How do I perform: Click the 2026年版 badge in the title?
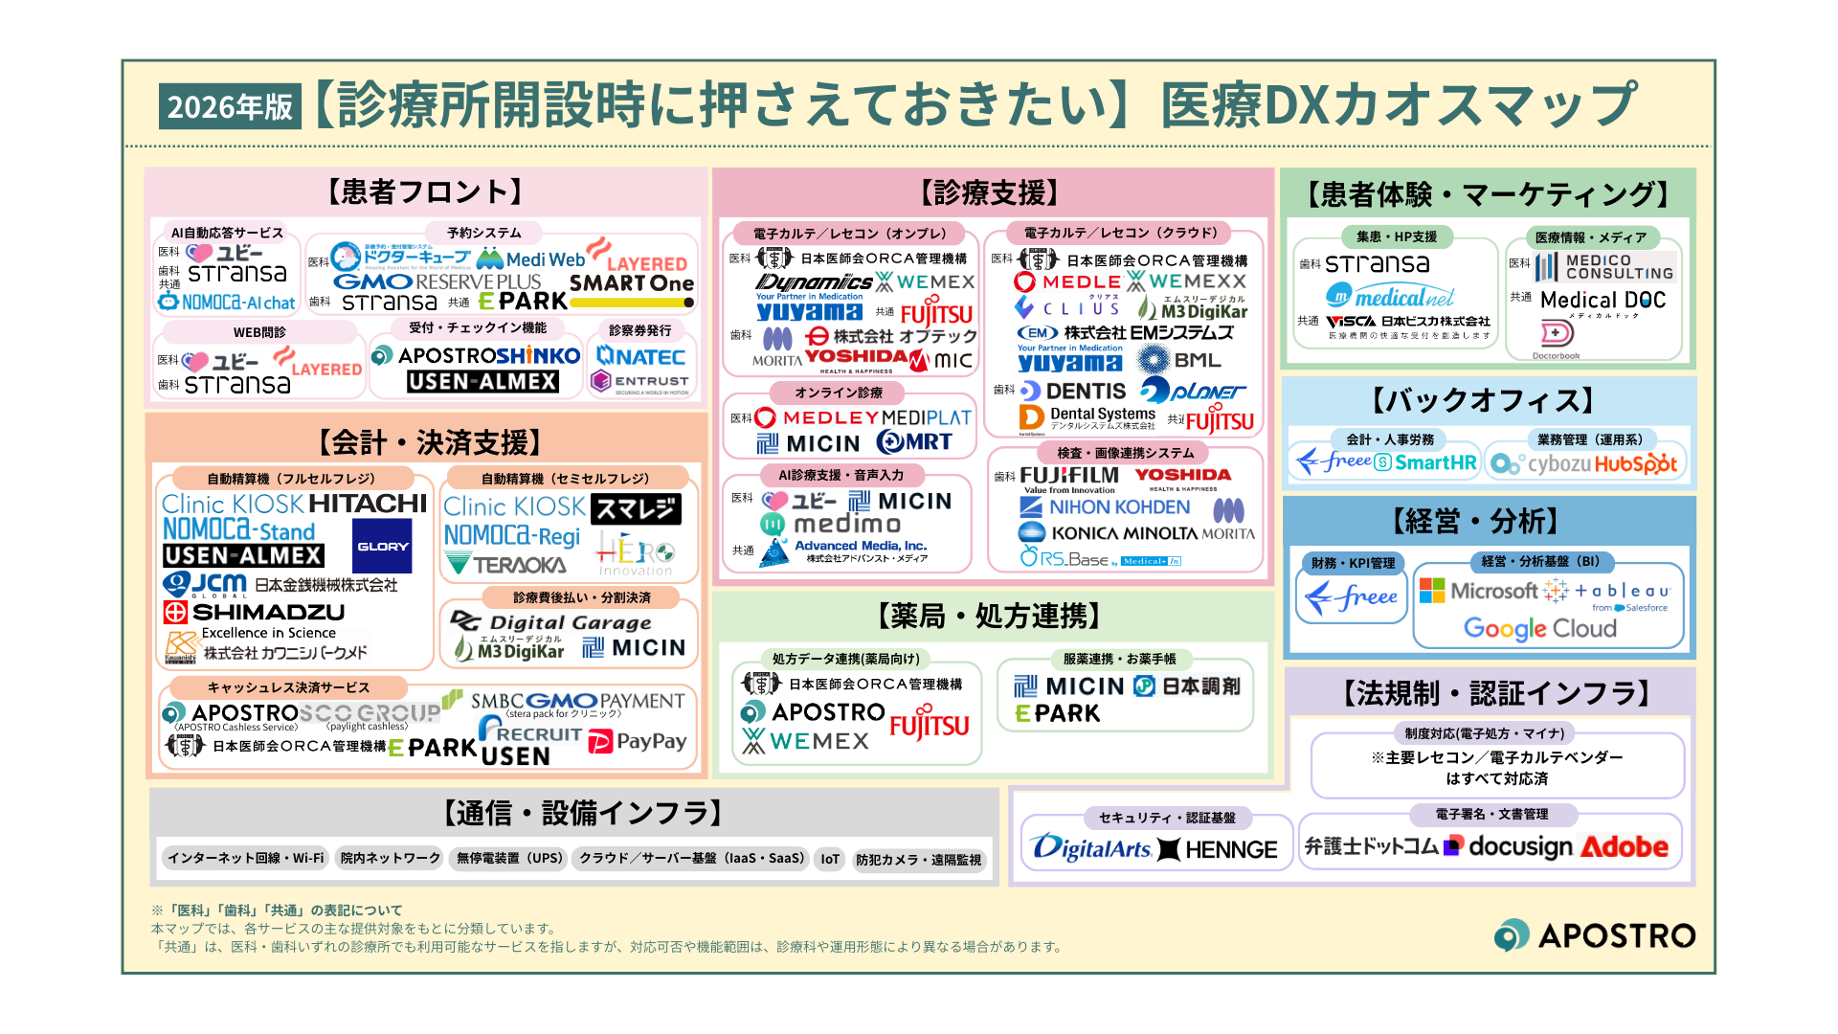coord(230,106)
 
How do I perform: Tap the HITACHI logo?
coord(368,504)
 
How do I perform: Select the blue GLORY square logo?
coord(382,546)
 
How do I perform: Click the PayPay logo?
coord(638,742)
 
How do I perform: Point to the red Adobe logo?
coord(1624,847)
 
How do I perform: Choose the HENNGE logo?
coord(1218,849)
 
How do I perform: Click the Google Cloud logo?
coord(1539,629)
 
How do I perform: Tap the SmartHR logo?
coord(1426,463)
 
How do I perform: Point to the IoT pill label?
coord(830,859)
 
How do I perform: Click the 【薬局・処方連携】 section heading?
coord(992,616)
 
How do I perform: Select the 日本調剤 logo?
coord(1187,686)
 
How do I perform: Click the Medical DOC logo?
coord(1603,301)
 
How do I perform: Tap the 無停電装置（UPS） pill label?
coord(509,859)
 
